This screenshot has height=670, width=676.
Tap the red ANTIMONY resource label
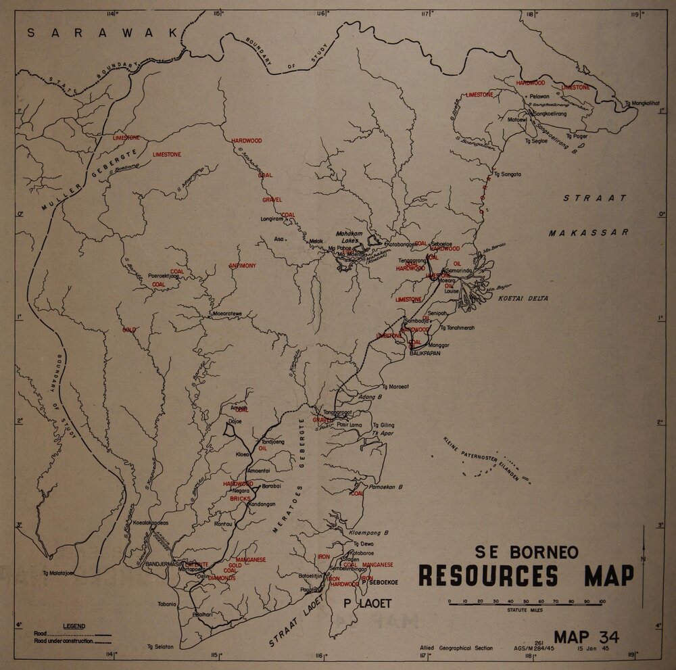pos(243,266)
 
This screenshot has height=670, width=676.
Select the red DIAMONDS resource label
pos(221,578)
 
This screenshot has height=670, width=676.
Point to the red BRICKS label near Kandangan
pos(240,498)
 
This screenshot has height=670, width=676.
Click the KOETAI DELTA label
pos(523,298)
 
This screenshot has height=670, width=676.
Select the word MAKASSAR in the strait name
pos(588,231)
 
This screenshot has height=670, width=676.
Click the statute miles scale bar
pos(526,601)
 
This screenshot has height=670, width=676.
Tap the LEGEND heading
pos(72,626)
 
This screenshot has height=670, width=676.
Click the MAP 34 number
pos(585,637)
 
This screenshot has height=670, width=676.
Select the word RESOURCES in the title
pos(488,576)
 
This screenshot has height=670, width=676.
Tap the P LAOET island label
pos(368,603)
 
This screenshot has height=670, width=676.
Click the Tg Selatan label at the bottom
pos(160,646)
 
